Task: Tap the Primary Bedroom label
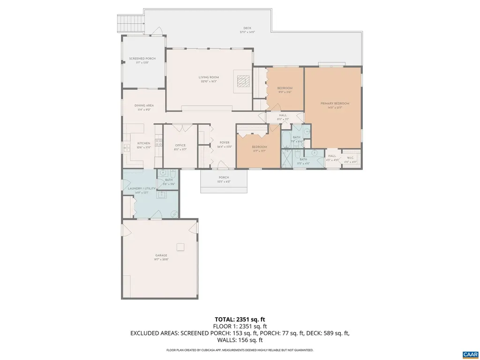(x=335, y=103)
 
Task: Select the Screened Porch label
(x=142, y=59)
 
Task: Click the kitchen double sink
(x=127, y=148)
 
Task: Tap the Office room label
(x=180, y=145)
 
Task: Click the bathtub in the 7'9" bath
(x=285, y=139)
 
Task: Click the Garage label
(x=161, y=255)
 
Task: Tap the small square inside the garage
(x=180, y=247)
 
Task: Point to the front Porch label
(x=224, y=178)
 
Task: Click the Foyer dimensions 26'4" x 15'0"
(x=224, y=147)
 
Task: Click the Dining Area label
(x=144, y=105)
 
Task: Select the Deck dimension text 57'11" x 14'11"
(x=247, y=32)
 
